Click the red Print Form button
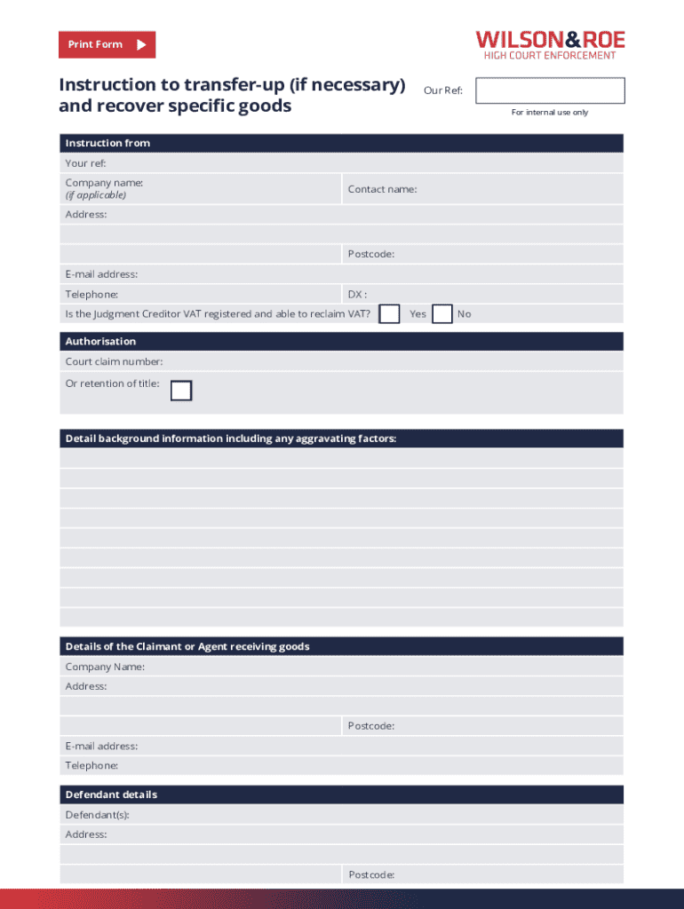tap(107, 44)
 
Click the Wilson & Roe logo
tap(550, 45)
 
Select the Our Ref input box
tap(550, 91)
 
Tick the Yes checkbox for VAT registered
tap(389, 314)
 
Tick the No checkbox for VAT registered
tap(441, 314)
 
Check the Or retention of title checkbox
tap(181, 391)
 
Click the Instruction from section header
tap(107, 143)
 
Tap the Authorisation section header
tap(100, 341)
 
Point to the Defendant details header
tap(111, 794)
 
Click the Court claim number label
tap(114, 361)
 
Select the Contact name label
tap(382, 189)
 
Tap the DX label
tap(357, 294)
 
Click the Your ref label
tap(85, 163)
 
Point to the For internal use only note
tap(549, 113)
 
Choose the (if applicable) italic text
tap(95, 195)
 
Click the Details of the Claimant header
tap(187, 646)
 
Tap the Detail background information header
tap(230, 439)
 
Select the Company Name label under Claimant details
tap(105, 667)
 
